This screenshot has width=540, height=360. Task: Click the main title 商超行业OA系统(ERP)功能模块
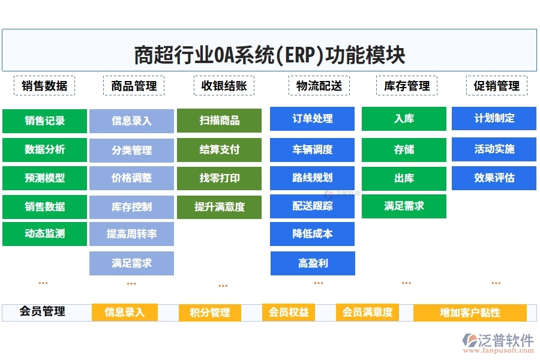pos(270,55)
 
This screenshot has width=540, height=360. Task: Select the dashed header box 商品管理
pos(134,86)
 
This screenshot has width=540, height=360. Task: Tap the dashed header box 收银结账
pos(224,86)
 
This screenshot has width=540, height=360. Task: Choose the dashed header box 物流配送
pos(319,86)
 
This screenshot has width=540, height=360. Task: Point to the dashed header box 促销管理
pos(496,86)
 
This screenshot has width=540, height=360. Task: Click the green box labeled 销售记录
pos(45,121)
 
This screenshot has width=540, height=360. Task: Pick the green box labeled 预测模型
pos(45,178)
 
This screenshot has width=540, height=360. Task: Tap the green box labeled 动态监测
pos(45,234)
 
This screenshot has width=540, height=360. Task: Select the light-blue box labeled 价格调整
pos(131,178)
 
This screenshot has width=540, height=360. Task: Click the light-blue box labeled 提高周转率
pos(131,234)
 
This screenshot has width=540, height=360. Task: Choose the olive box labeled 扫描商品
pos(219,121)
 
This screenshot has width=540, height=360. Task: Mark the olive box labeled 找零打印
pos(219,178)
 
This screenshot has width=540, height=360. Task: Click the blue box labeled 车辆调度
pos(312,149)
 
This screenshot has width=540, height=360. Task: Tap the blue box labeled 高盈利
pos(313,263)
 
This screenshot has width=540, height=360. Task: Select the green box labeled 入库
pos(404,119)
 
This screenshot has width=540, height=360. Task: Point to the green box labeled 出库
pos(404,178)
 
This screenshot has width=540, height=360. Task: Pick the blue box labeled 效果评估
pos(494,178)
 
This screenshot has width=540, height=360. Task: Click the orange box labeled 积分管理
pos(210,313)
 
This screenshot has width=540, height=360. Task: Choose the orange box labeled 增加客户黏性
pos(470,313)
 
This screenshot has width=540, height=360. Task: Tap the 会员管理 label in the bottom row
pos(42,311)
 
